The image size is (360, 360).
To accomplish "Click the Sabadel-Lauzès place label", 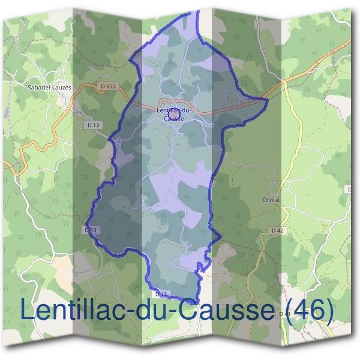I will click(x=50, y=87).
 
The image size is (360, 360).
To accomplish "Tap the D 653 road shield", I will click(x=108, y=86).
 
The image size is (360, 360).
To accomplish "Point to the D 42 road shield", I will click(x=277, y=230).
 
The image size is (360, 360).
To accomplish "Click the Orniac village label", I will click(x=272, y=200).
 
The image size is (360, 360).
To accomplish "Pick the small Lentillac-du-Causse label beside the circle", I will click(x=174, y=114).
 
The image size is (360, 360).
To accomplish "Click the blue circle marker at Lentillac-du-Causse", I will click(x=173, y=110).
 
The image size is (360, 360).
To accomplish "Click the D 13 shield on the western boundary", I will click(x=91, y=230).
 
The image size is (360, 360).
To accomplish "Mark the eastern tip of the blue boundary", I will click(x=266, y=98).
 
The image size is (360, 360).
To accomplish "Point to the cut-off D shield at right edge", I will click(x=350, y=190).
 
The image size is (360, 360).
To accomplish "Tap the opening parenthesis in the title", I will click(x=285, y=310).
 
